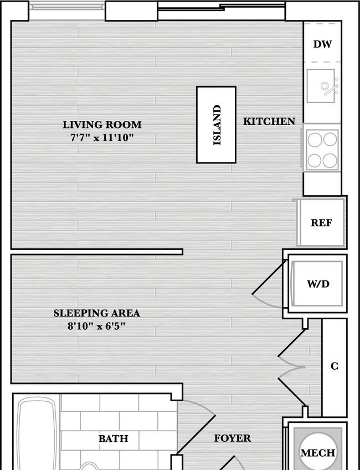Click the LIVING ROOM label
point(102,124)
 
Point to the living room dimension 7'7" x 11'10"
point(102,137)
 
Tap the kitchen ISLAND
point(216,125)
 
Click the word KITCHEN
point(269,121)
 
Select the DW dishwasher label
point(322,44)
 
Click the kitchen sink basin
point(321,86)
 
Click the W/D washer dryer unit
point(317,284)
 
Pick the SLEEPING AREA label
point(97,313)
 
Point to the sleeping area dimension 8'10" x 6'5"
point(96,326)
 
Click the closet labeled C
point(334,367)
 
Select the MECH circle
point(317,452)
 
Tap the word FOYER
point(233,438)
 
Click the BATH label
point(113,438)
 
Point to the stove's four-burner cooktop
point(322,150)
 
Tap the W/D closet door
point(269,278)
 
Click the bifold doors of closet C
point(292,367)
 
